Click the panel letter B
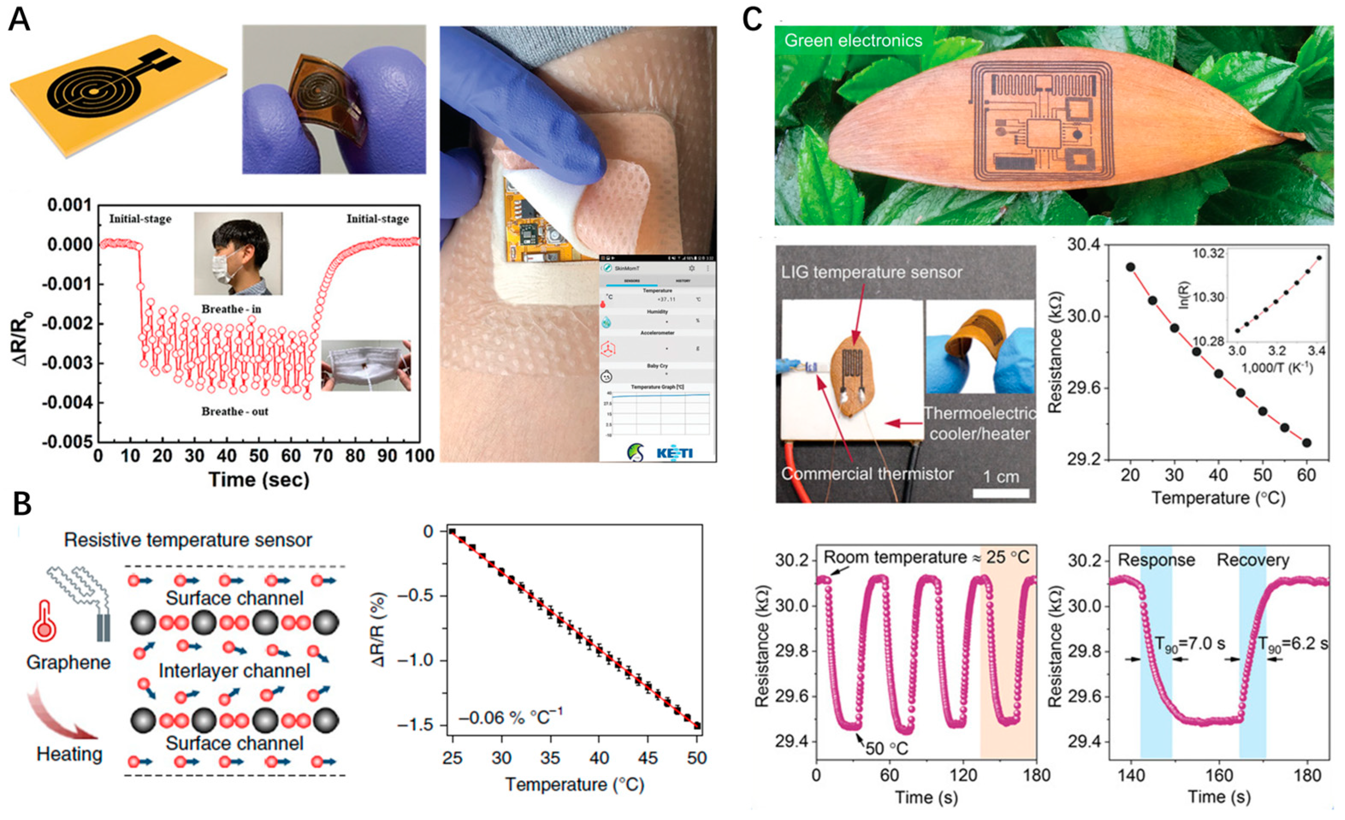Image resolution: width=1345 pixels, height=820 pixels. tap(22, 505)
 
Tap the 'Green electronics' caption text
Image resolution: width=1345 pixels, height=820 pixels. tap(853, 40)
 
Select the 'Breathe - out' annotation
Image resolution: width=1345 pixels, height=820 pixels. tap(235, 411)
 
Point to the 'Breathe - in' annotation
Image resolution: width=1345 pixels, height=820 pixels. tap(231, 309)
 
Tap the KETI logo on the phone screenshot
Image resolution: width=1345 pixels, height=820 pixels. tap(675, 453)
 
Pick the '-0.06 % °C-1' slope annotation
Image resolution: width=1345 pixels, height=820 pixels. tap(510, 717)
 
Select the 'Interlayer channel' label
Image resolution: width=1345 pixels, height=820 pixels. tap(234, 671)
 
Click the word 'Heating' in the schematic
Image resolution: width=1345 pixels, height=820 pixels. tap(69, 754)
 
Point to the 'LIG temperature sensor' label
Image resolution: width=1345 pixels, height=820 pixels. tap(871, 272)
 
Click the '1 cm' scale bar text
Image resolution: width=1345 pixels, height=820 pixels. tap(1001, 477)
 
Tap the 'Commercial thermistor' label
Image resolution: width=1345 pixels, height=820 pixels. tap(867, 473)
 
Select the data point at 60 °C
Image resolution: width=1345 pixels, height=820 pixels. tap(1306, 442)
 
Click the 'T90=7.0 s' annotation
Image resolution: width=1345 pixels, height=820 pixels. tap(1189, 644)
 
